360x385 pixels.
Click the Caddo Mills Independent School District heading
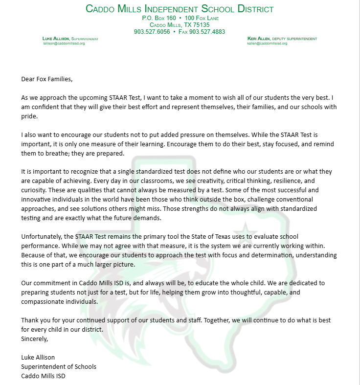tap(180, 9)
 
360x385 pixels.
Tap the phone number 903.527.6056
tap(152, 31)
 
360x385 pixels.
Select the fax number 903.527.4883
tap(207, 31)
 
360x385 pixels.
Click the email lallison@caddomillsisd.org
tap(64, 43)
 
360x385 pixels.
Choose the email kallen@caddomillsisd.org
tap(267, 43)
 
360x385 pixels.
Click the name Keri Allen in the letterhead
tap(260, 38)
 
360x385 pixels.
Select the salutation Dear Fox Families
tap(46, 78)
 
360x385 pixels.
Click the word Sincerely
tap(35, 338)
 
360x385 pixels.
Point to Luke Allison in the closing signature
tap(38, 357)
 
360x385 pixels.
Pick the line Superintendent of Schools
tap(59, 366)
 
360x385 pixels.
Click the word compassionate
tap(44, 301)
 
